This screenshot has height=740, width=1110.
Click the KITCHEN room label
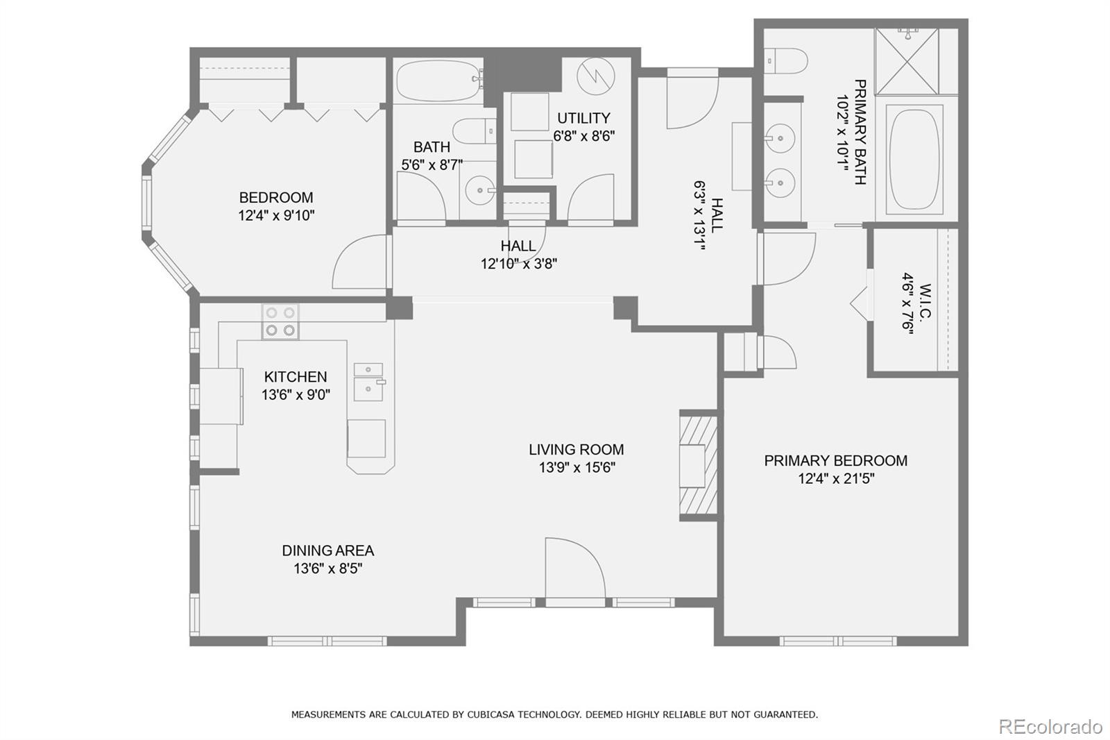pyautogui.click(x=295, y=377)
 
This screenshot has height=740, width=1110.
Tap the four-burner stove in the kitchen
pyautogui.click(x=280, y=321)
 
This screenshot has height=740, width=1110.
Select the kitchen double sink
pyautogui.click(x=368, y=382)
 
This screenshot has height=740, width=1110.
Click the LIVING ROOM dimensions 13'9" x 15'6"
pyautogui.click(x=577, y=468)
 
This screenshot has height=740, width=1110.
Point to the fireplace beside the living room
pyautogui.click(x=698, y=464)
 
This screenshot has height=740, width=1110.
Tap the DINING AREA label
pyautogui.click(x=327, y=550)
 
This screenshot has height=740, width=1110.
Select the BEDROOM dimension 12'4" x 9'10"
pyautogui.click(x=276, y=215)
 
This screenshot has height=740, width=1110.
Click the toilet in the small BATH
pyautogui.click(x=475, y=131)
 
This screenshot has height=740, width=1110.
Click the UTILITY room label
pyautogui.click(x=583, y=118)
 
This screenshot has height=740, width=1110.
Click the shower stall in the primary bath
pyautogui.click(x=906, y=61)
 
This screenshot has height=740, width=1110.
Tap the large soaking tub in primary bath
pyautogui.click(x=915, y=160)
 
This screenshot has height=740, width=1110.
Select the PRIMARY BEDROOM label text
pyautogui.click(x=835, y=460)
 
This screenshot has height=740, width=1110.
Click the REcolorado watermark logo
pyautogui.click(x=1050, y=727)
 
